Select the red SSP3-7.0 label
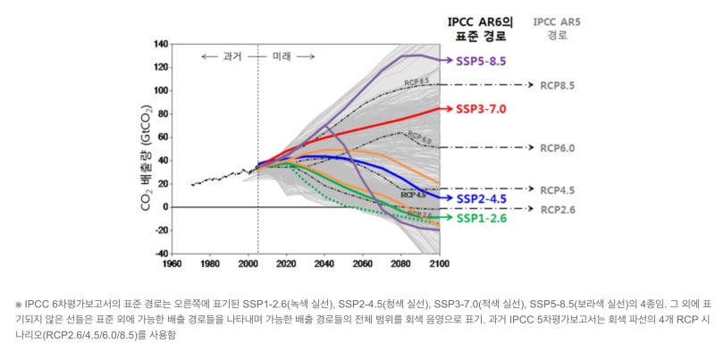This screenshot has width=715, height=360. [483, 108]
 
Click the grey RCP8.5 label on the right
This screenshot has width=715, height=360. [557, 85]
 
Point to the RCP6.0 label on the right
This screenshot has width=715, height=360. [557, 147]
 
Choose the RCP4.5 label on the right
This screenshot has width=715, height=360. [557, 189]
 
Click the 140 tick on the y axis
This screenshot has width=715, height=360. [161, 44]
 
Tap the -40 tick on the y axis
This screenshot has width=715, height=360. [161, 254]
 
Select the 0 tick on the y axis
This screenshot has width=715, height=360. [165, 207]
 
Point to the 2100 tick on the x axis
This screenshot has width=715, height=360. [440, 264]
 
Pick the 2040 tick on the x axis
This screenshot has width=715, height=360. [324, 264]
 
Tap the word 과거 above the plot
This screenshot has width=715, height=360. [231, 56]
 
